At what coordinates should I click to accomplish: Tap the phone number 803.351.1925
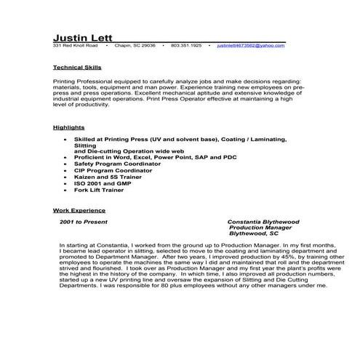pyautogui.click(x=186, y=45)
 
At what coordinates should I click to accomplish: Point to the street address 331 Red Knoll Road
pyautogui.click(x=75, y=45)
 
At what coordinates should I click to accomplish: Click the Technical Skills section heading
pyautogui.click(x=78, y=67)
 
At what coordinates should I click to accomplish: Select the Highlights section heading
pyautogui.click(x=69, y=127)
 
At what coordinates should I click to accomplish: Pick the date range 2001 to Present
pyautogui.click(x=83, y=220)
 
